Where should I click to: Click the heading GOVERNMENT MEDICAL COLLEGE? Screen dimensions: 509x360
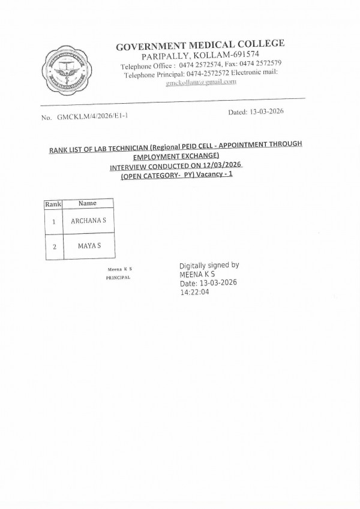pos(200,44)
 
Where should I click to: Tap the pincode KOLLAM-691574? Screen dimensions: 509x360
pos(223,55)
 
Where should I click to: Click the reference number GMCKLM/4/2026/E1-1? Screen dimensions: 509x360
pos(92,118)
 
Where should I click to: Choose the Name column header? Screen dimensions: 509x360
pos(88,204)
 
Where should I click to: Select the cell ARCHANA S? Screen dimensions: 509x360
pos(88,221)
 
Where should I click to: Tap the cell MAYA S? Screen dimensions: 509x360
pos(88,246)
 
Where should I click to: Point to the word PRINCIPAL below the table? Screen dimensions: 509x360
pos(118,278)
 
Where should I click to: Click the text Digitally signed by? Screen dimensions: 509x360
pos(209,265)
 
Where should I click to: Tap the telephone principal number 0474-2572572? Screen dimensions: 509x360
pos(192,74)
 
